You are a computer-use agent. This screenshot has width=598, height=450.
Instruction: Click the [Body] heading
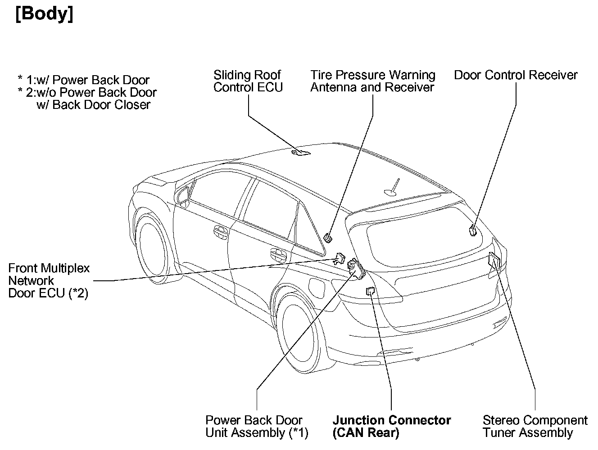[x=44, y=14]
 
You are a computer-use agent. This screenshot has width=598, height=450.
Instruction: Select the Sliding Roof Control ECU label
[x=248, y=81]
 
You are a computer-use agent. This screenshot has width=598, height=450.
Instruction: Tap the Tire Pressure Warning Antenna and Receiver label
[x=372, y=81]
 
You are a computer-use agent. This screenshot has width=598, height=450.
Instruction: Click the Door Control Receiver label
[x=516, y=75]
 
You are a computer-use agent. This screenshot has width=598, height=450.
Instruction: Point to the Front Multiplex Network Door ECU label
[x=49, y=281]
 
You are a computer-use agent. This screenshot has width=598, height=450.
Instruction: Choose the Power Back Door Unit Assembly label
[x=257, y=427]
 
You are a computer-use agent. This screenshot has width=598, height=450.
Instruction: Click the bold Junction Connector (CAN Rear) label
[x=391, y=427]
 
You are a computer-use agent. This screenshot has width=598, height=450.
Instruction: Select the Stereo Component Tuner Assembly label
[x=535, y=427]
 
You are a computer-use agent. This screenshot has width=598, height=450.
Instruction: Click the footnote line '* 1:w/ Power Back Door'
[x=83, y=81]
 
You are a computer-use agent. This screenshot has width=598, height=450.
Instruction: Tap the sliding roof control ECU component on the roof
[x=301, y=153]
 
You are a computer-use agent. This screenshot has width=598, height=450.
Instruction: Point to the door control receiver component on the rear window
[x=473, y=230]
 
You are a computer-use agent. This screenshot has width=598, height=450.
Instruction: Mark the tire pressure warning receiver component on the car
[x=328, y=237]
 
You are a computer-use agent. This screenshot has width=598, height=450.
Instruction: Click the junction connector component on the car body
[x=371, y=291]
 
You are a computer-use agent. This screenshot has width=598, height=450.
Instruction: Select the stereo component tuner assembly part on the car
[x=494, y=261]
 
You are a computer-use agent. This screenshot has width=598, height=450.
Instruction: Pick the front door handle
[x=221, y=232]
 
